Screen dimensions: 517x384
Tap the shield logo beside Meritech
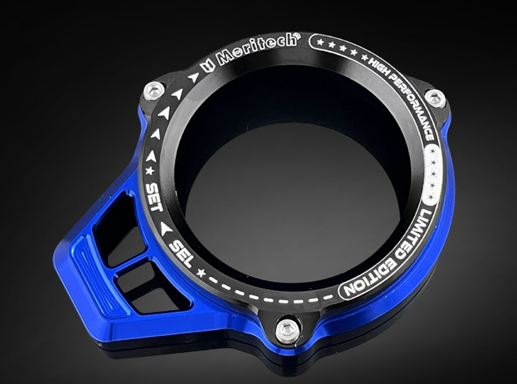pos(208,66)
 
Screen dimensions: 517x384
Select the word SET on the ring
pos(155,197)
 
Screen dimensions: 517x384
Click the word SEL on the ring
pos(181,253)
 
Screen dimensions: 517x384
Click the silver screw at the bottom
pos(287,329)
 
